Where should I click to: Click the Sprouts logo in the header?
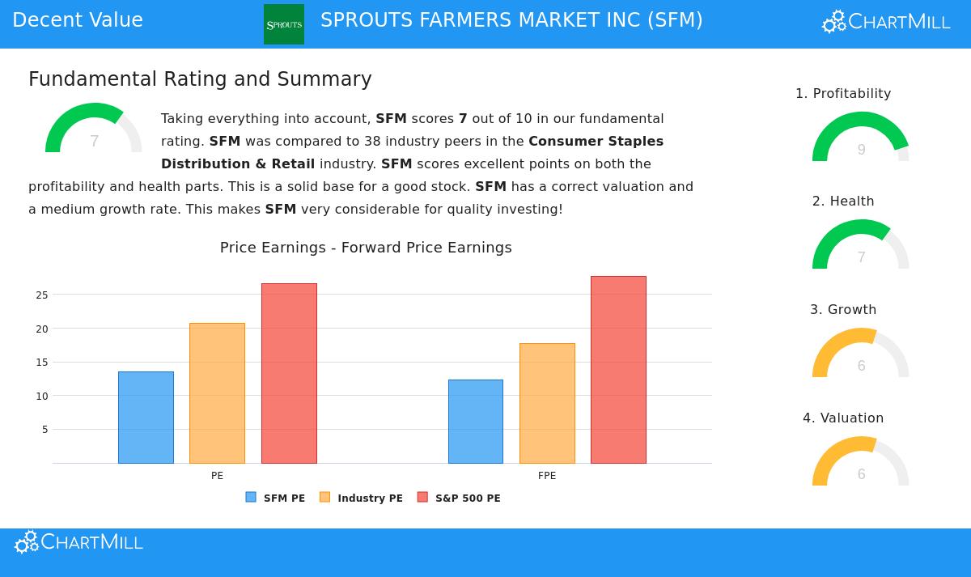[x=284, y=24]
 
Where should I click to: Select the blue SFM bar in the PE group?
[x=146, y=418]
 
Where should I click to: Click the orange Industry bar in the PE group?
[x=217, y=393]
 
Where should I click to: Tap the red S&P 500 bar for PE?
[x=289, y=373]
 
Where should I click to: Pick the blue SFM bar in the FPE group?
[x=476, y=422]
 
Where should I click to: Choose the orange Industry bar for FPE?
[x=547, y=403]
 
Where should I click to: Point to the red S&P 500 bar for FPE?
[x=618, y=370]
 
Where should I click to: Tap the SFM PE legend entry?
[x=276, y=498]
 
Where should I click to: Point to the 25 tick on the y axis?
[x=42, y=295]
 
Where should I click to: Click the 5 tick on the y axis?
[x=45, y=430]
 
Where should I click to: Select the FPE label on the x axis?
[x=547, y=476]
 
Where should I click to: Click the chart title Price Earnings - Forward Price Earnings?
[x=366, y=248]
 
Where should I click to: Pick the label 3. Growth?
[x=843, y=310]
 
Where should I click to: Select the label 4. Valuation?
[x=843, y=418]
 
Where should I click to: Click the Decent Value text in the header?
[x=78, y=20]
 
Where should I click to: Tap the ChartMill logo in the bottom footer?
[x=79, y=542]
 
